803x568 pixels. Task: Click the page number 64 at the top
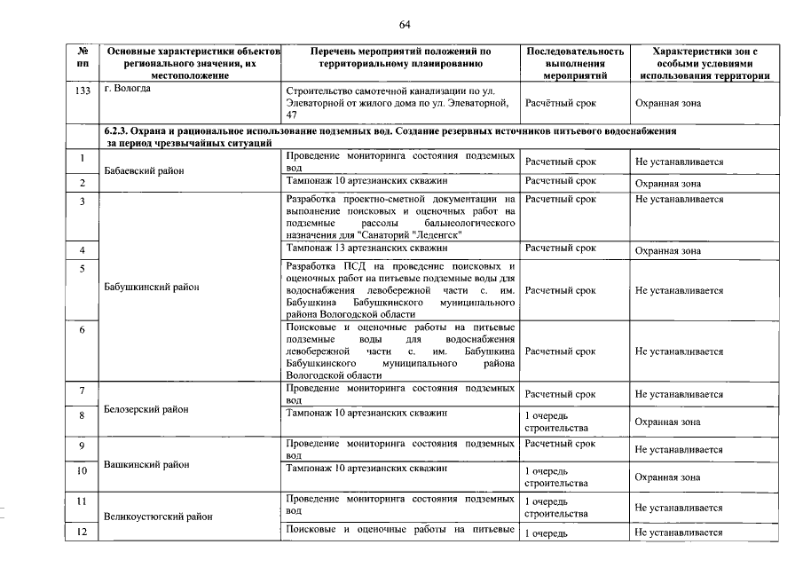tap(405, 23)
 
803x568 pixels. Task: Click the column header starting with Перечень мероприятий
tap(401, 58)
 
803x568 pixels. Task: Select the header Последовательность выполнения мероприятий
tap(575, 64)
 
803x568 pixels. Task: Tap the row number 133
tap(83, 91)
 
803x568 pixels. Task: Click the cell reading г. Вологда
tap(128, 90)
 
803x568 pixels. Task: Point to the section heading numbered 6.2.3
tap(390, 136)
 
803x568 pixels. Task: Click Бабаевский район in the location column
tap(142, 170)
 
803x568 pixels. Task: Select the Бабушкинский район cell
tap(152, 287)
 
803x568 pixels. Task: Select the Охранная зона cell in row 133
tap(667, 103)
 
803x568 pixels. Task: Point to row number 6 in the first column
tap(82, 330)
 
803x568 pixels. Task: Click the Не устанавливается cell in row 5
tap(679, 290)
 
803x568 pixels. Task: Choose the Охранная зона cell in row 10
tap(667, 477)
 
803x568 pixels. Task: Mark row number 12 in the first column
tap(82, 532)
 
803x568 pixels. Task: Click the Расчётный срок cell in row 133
tap(560, 103)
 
